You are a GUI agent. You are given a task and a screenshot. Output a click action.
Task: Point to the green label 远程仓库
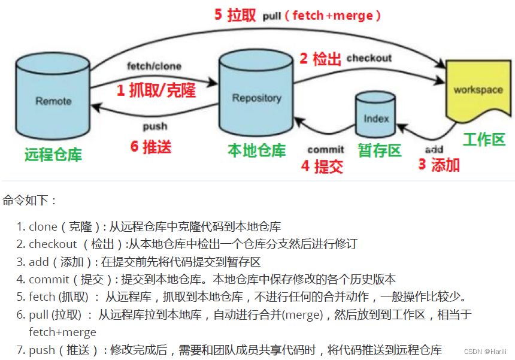click(53, 155)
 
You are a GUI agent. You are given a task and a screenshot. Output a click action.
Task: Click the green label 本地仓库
click(257, 150)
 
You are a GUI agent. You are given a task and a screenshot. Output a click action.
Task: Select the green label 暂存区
click(380, 150)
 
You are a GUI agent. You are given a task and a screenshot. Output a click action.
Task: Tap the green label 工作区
click(484, 140)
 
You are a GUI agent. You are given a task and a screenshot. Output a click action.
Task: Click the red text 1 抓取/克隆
click(156, 90)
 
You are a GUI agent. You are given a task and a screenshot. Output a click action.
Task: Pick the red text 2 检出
click(320, 59)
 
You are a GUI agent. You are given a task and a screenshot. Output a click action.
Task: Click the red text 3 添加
click(439, 165)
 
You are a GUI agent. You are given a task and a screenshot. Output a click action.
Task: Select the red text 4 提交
click(322, 166)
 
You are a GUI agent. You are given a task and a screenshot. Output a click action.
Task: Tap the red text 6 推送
click(151, 146)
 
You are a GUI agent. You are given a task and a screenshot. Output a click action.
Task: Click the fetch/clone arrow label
click(154, 66)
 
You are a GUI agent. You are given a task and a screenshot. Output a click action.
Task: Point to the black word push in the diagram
click(155, 126)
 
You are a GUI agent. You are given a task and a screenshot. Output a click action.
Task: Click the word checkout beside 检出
click(369, 58)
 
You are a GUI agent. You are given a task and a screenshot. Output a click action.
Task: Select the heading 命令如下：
click(29, 200)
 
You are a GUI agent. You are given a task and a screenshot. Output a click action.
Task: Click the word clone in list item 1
click(42, 226)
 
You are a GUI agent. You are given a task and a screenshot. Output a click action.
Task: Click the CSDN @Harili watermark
click(485, 351)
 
